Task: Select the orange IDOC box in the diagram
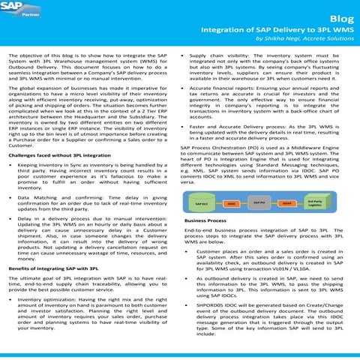[x=232, y=204]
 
